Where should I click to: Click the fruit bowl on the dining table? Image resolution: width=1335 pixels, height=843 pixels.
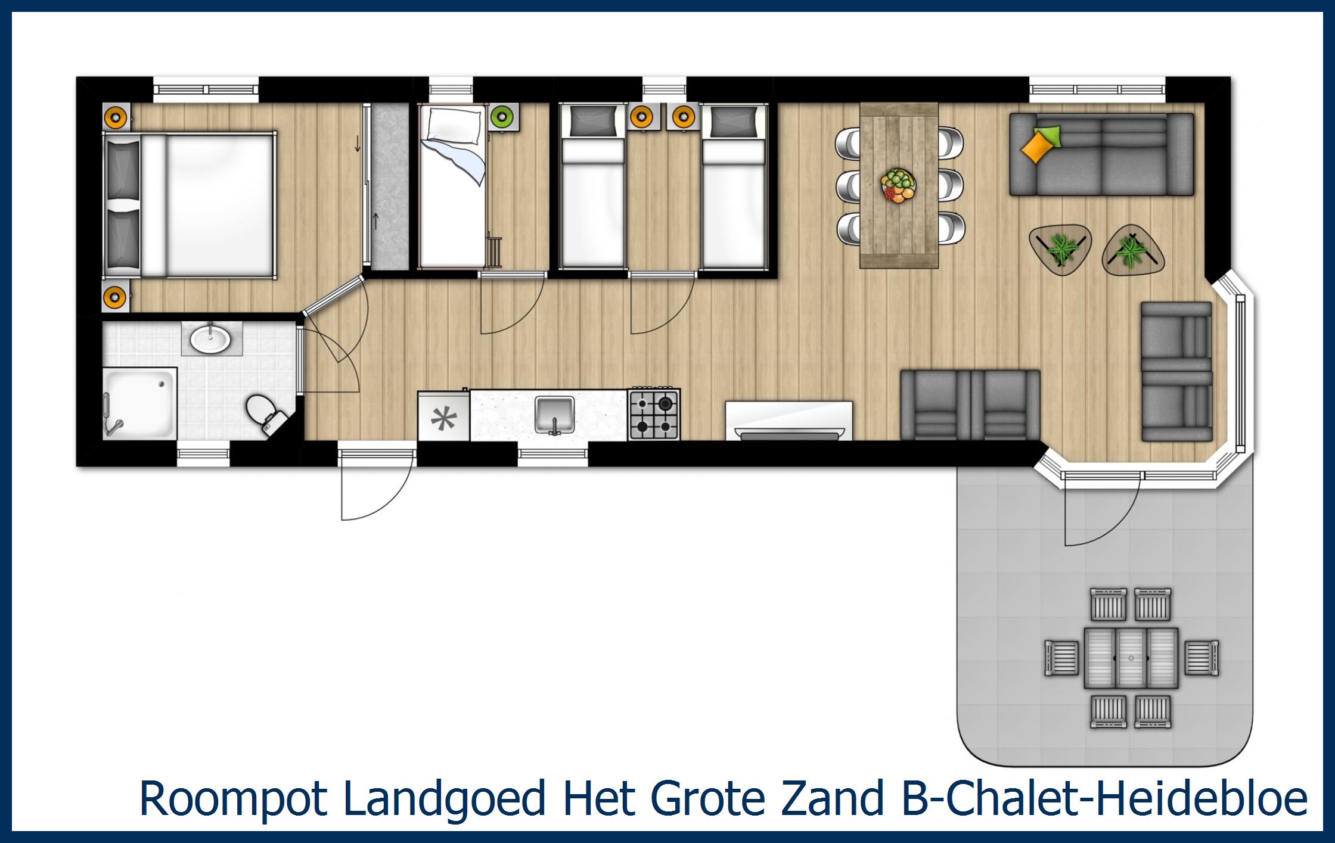pyautogui.click(x=898, y=186)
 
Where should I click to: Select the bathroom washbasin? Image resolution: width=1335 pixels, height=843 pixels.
pyautogui.click(x=211, y=338)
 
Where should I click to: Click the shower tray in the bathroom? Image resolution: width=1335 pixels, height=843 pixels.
pyautogui.click(x=141, y=403)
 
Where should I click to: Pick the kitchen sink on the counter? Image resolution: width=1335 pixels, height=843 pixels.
pyautogui.click(x=554, y=414)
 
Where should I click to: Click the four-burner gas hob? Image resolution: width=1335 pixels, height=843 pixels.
pyautogui.click(x=654, y=414)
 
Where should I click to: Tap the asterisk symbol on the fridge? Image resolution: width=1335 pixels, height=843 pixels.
pyautogui.click(x=443, y=419)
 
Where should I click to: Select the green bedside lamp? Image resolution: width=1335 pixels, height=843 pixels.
pyautogui.click(x=502, y=117)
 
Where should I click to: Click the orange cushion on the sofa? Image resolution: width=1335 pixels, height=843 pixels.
pyautogui.click(x=1036, y=148)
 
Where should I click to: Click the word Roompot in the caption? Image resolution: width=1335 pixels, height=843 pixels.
pyautogui.click(x=233, y=798)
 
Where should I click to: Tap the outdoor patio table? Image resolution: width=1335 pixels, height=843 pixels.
pyautogui.click(x=1131, y=658)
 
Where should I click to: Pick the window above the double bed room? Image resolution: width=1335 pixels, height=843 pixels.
pyautogui.click(x=206, y=89)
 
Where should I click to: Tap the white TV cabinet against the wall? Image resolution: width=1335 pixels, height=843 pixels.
pyautogui.click(x=788, y=421)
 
